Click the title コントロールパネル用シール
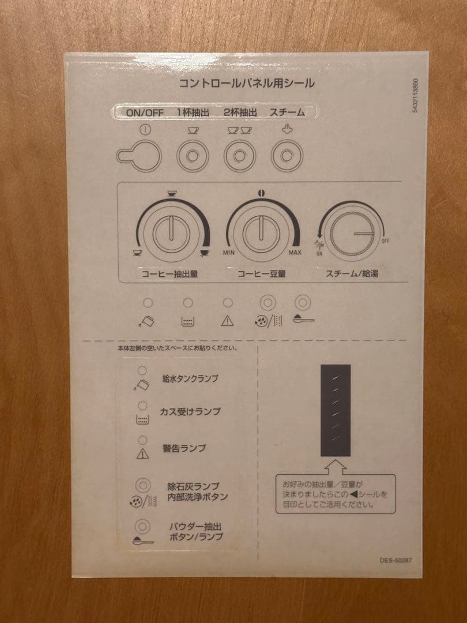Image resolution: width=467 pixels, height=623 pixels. (247, 83)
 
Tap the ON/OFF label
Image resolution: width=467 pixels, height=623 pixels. (145, 112)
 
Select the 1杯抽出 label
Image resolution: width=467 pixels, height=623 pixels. (193, 112)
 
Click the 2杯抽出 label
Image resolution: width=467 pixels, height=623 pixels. (240, 112)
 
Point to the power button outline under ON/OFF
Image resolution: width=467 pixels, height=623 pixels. (139, 155)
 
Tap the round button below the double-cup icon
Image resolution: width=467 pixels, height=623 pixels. (239, 156)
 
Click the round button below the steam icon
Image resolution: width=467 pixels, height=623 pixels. (287, 156)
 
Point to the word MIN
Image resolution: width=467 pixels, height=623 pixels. (229, 252)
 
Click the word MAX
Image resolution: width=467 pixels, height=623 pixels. (295, 252)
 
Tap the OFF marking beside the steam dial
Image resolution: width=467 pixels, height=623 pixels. (385, 241)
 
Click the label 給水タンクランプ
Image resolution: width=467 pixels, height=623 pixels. (190, 378)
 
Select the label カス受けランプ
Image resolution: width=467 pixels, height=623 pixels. (190, 412)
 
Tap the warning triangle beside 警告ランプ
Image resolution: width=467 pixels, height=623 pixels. (142, 453)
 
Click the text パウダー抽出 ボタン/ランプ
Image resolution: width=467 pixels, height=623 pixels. (196, 532)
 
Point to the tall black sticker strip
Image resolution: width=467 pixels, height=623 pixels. (336, 411)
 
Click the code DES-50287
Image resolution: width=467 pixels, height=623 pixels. (396, 560)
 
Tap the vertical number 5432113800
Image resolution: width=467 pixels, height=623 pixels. (415, 96)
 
